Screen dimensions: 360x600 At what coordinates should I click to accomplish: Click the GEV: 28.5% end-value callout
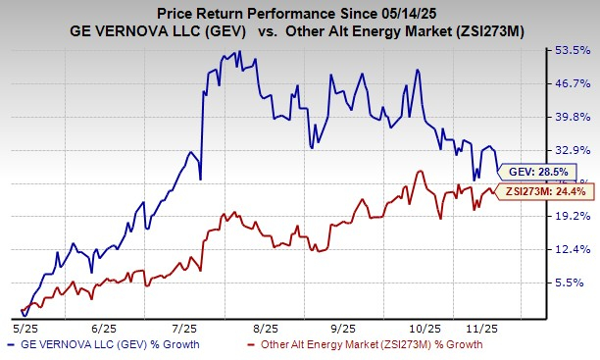[x=535, y=170]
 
